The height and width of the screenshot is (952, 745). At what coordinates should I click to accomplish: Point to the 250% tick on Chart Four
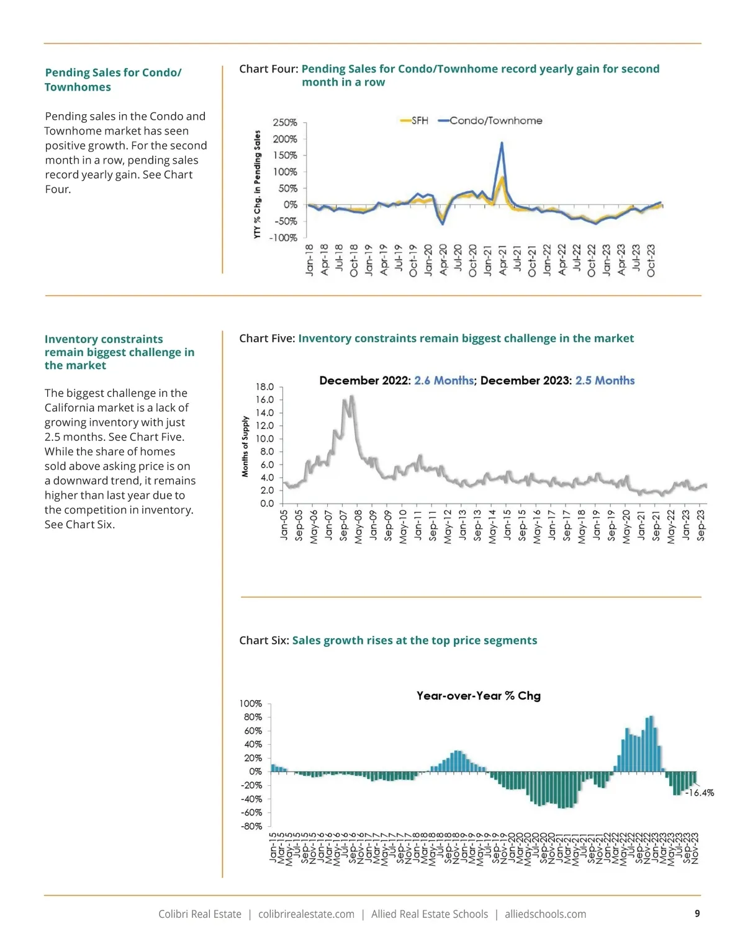285,123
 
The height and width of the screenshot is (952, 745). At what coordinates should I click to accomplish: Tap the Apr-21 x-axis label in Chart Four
502,260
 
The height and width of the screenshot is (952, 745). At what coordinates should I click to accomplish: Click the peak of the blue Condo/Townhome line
502,143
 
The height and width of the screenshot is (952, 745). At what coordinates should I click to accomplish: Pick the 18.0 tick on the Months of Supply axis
264,387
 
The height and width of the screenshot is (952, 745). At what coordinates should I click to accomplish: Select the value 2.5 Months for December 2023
605,380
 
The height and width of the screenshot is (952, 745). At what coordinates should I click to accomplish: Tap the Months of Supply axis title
245,447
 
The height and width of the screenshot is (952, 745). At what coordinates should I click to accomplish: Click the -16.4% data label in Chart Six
700,793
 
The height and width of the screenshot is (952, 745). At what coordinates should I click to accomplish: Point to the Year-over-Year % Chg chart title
478,696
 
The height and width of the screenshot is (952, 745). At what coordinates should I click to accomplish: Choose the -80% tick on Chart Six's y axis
251,826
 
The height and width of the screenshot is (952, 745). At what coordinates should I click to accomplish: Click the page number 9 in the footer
697,914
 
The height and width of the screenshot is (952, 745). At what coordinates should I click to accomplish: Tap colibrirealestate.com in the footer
306,914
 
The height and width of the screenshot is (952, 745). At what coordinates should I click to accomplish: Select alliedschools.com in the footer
545,914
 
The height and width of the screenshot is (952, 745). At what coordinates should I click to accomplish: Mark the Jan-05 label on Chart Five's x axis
284,525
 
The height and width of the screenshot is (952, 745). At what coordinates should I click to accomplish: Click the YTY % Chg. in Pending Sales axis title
257,185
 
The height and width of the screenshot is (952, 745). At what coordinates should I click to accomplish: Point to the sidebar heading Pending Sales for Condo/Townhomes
113,79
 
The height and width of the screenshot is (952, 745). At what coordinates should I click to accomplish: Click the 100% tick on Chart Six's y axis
251,704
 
